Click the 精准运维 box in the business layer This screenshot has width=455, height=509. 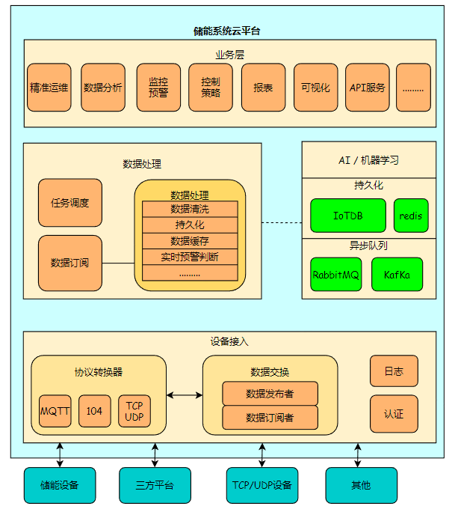tap(49, 88)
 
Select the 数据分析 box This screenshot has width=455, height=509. tap(103, 88)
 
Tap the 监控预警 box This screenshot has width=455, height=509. tap(158, 88)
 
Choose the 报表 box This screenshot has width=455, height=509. tap(263, 88)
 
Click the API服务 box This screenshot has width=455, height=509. tap(368, 88)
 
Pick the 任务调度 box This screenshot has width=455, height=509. tap(70, 203)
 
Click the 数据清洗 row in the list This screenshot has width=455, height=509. tap(190, 209)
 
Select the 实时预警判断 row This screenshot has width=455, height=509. tap(190, 257)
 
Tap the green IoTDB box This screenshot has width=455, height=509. tap(348, 216)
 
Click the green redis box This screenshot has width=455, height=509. tap(411, 216)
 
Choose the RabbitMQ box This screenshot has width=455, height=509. tap(336, 275)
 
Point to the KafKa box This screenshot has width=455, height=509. tap(397, 275)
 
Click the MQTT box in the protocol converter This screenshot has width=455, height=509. tap(55, 411)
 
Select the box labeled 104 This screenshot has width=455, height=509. tap(94, 411)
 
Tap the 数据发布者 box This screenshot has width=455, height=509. tap(270, 393)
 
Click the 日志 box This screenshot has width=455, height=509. tap(394, 371)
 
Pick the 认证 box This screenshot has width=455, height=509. tap(394, 414)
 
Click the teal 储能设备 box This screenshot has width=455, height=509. tap(61, 485)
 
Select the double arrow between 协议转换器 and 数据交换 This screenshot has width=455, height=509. tap(185, 394)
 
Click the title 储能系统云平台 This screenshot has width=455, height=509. tap(227, 31)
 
